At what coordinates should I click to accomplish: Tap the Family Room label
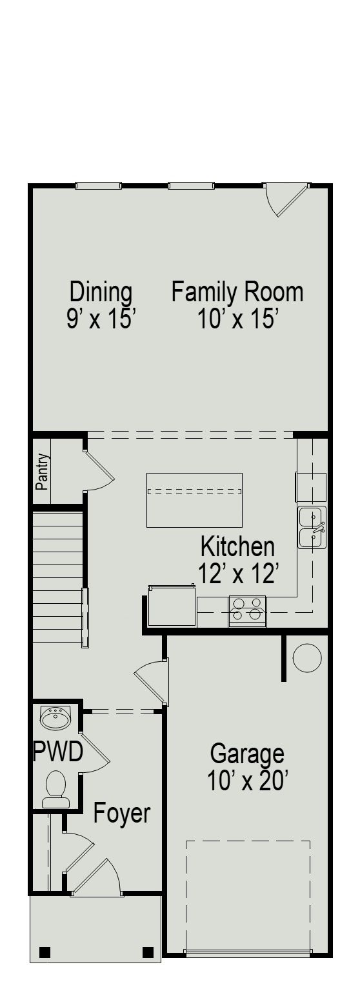pyautogui.click(x=237, y=292)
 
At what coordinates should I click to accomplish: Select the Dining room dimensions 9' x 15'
pyautogui.click(x=101, y=319)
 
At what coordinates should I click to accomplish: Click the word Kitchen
pyautogui.click(x=237, y=546)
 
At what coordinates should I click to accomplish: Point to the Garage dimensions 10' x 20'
pyautogui.click(x=247, y=781)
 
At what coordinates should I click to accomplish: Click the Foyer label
pyautogui.click(x=122, y=814)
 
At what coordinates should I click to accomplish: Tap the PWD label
pyautogui.click(x=58, y=752)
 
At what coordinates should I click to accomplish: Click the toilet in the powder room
pyautogui.click(x=56, y=789)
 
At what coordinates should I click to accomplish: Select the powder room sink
pyautogui.click(x=56, y=717)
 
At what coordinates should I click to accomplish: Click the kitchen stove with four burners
pyautogui.click(x=247, y=610)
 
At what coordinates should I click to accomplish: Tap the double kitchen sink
pyautogui.click(x=312, y=527)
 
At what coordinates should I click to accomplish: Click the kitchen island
pyautogui.click(x=194, y=499)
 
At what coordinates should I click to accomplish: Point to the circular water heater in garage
pyautogui.click(x=307, y=658)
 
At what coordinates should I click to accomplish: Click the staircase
pyautogui.click(x=58, y=577)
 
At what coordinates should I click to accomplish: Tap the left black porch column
pyautogui.click(x=45, y=952)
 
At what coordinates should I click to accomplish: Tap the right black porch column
pyautogui.click(x=148, y=952)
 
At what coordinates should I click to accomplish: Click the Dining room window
pyautogui.click(x=98, y=186)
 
